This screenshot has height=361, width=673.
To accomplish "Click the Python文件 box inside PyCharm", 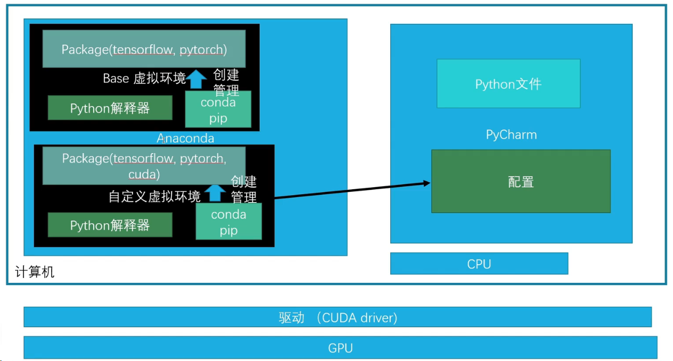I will coord(508,83).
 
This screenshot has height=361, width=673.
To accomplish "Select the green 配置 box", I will coord(520,181).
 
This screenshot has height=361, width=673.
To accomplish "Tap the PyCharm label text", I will coord(511,135).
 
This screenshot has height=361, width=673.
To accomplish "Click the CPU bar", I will coord(479,264).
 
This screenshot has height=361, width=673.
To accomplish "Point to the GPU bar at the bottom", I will coord(340,348).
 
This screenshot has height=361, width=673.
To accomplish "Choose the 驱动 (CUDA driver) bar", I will coord(338,317).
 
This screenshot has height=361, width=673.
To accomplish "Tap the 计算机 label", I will coord(34,272).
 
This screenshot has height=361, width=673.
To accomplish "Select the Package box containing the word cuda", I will coord(144,166).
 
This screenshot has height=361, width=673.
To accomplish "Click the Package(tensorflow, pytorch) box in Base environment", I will coord(144,49).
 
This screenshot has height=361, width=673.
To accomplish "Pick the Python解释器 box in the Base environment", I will coord(110,108).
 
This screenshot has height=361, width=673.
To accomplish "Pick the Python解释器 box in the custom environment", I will coord(110,225).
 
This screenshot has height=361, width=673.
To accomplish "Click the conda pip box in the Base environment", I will coord(218,110).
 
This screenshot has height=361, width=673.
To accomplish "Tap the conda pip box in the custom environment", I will coord(228,222).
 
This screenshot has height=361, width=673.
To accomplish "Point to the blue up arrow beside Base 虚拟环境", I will coord(196,79).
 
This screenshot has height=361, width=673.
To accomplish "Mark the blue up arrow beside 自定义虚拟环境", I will coord(215,192).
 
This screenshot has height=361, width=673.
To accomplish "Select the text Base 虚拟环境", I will coord(144,79).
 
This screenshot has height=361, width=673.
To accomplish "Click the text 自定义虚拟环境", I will coord(154,197).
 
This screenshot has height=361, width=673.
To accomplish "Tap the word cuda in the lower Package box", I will coord(144,174).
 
